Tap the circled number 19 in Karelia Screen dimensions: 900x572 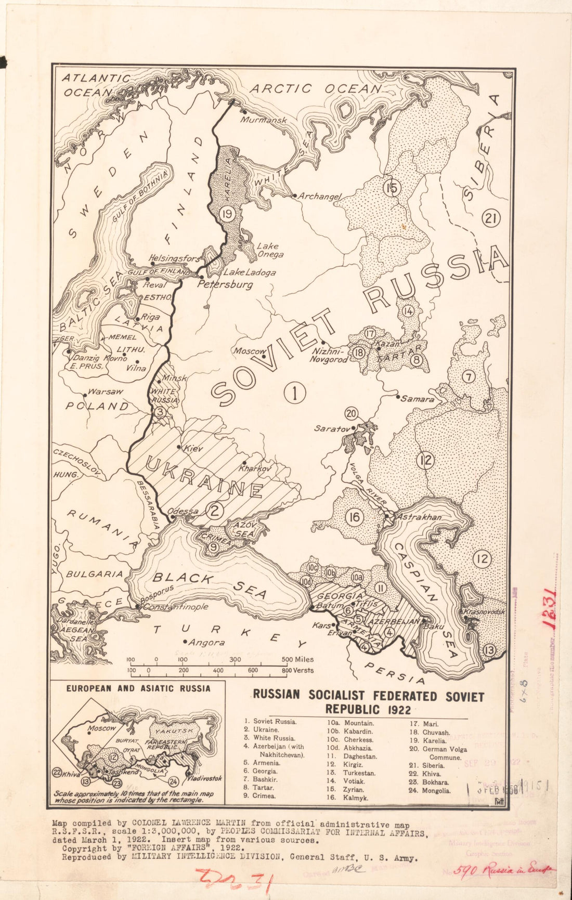tap(227, 213)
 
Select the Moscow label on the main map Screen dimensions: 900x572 tap(249, 351)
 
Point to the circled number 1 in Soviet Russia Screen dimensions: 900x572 tap(295, 393)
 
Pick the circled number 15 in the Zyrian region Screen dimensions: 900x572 tap(392, 187)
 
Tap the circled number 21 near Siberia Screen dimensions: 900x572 tap(491, 218)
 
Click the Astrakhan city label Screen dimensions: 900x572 tap(419, 517)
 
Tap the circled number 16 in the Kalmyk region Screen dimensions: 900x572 tap(355, 517)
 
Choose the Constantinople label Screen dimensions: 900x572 tap(175, 607)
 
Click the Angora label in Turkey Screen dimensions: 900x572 tap(206, 643)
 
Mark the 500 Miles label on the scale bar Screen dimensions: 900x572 tap(297, 659)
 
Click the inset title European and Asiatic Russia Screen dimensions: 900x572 tap(138, 688)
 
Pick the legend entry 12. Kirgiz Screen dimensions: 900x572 tap(347, 765)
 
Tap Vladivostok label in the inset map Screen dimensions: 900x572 tap(205, 778)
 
